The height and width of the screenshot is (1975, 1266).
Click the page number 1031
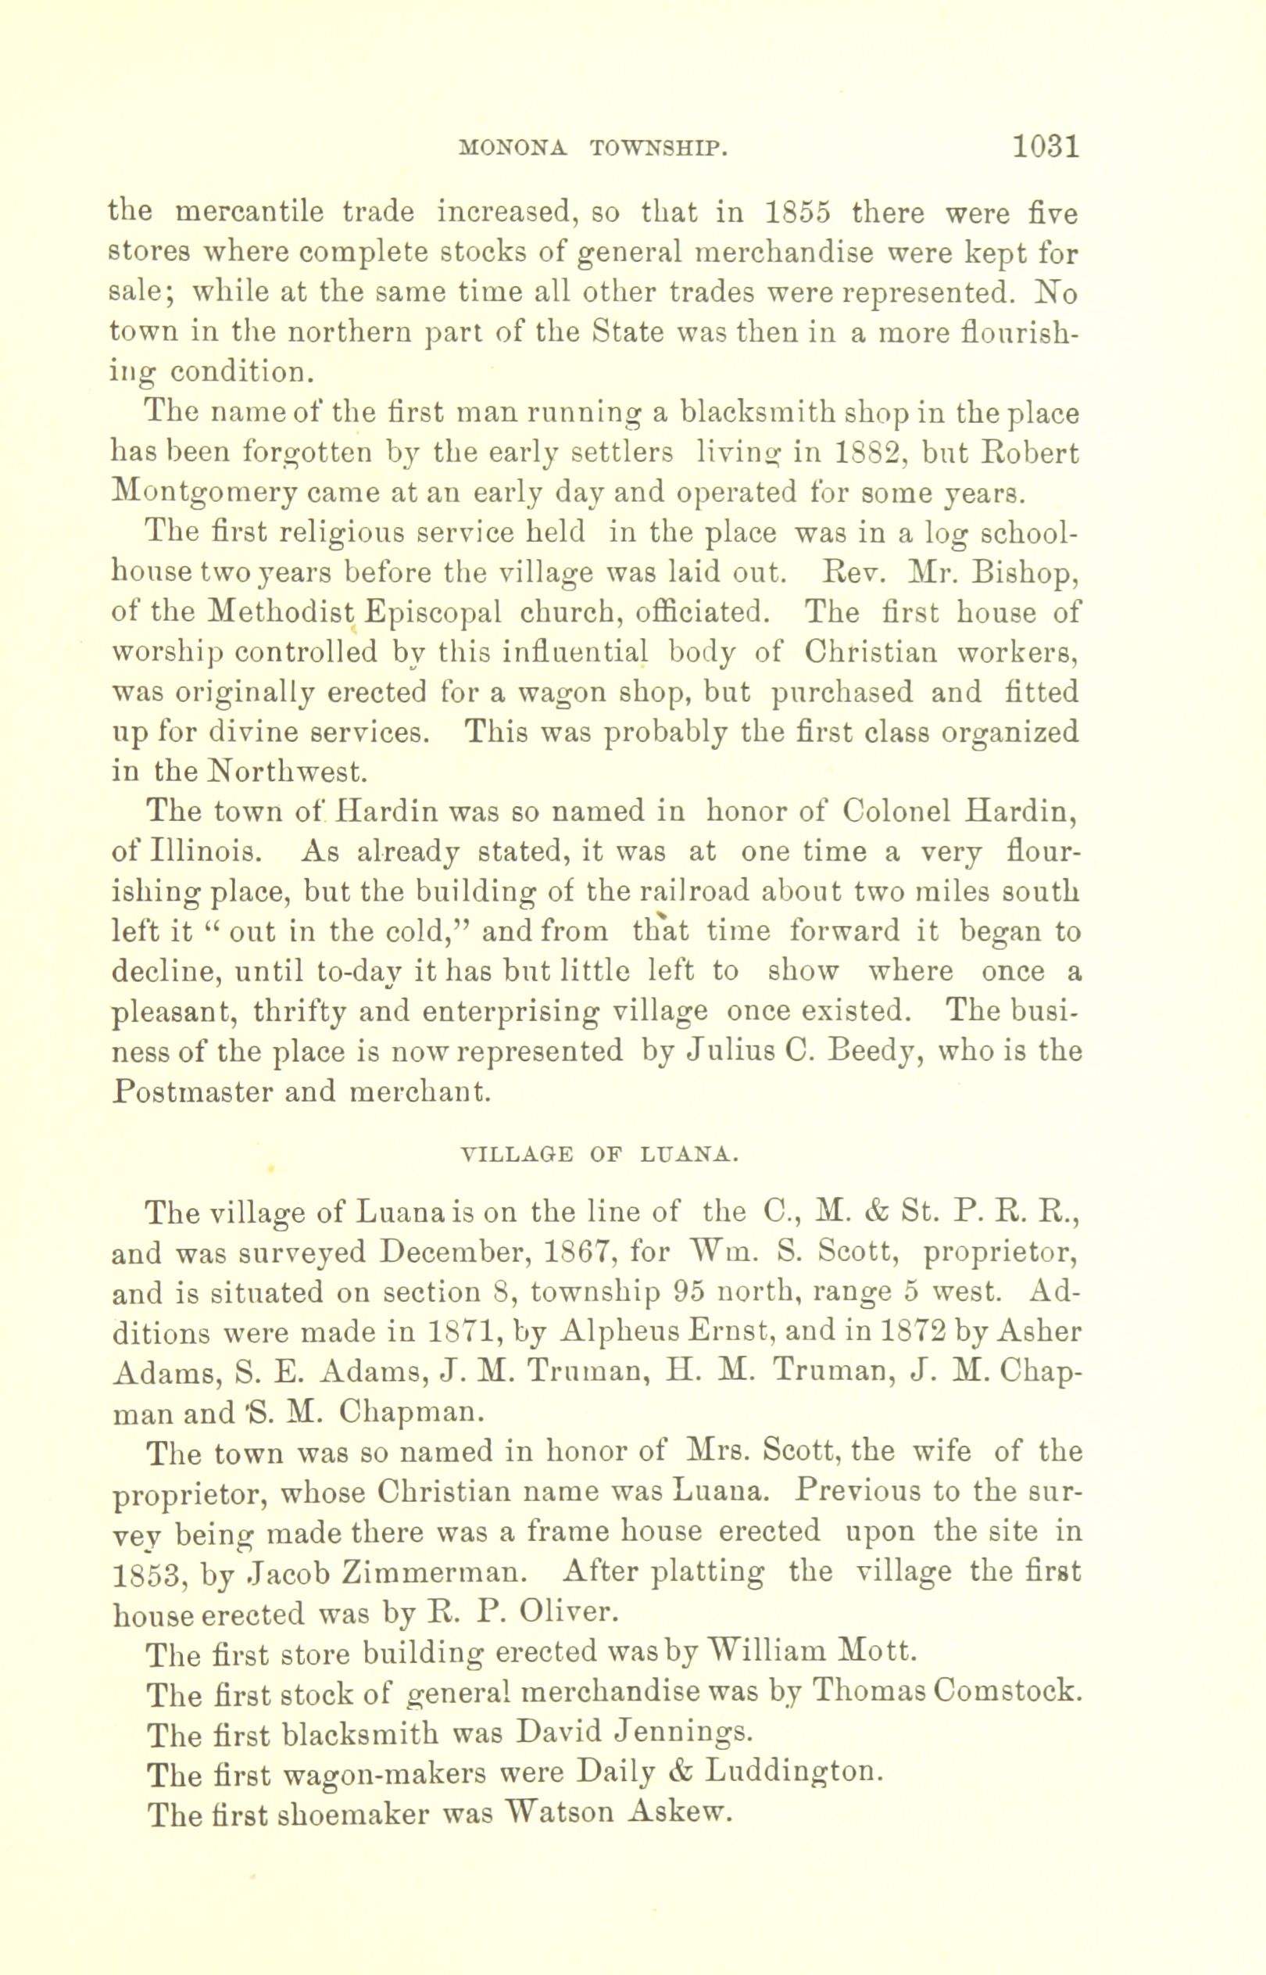point(1045,147)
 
